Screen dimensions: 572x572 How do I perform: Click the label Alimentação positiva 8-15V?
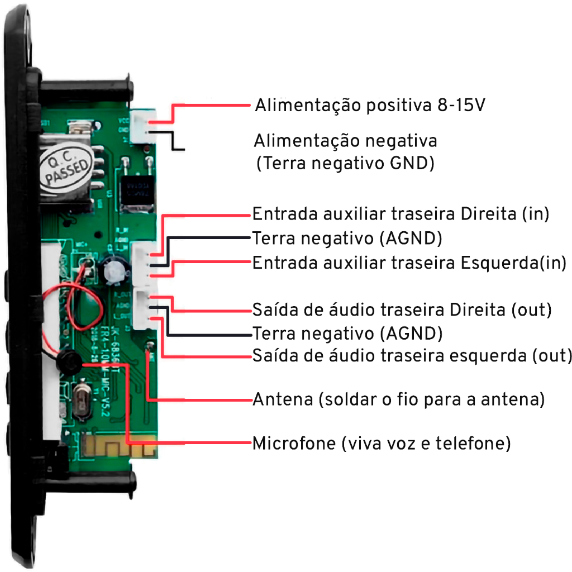(x=369, y=106)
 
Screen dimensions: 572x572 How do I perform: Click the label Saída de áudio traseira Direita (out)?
(x=402, y=309)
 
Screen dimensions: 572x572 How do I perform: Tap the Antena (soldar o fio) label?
(x=398, y=400)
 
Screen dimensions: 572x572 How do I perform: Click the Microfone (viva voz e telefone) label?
(x=382, y=445)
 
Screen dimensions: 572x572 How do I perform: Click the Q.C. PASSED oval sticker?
(x=66, y=164)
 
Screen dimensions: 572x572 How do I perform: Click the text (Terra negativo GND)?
(x=345, y=164)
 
